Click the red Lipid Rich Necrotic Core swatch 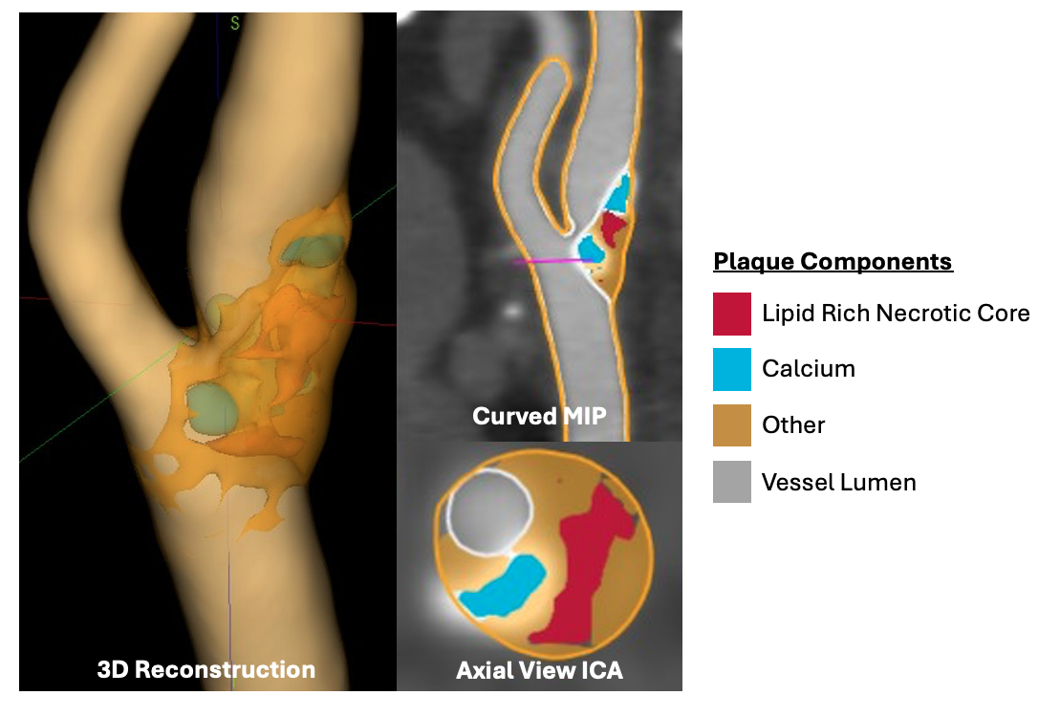coord(731,314)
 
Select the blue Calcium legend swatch coord(731,369)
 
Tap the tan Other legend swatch coord(731,425)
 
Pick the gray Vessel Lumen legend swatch coord(731,482)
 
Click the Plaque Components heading coord(833,262)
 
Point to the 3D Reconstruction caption coord(206,669)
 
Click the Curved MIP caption coord(539,416)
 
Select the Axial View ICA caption coord(539,670)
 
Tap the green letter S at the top coord(234,24)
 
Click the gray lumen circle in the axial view coord(488,510)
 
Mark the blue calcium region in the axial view coord(504,586)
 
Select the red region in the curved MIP coord(613,226)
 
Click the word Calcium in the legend coord(809,369)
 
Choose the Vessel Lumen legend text coord(839,482)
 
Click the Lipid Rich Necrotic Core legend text coord(896,314)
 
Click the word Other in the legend coord(793,425)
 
